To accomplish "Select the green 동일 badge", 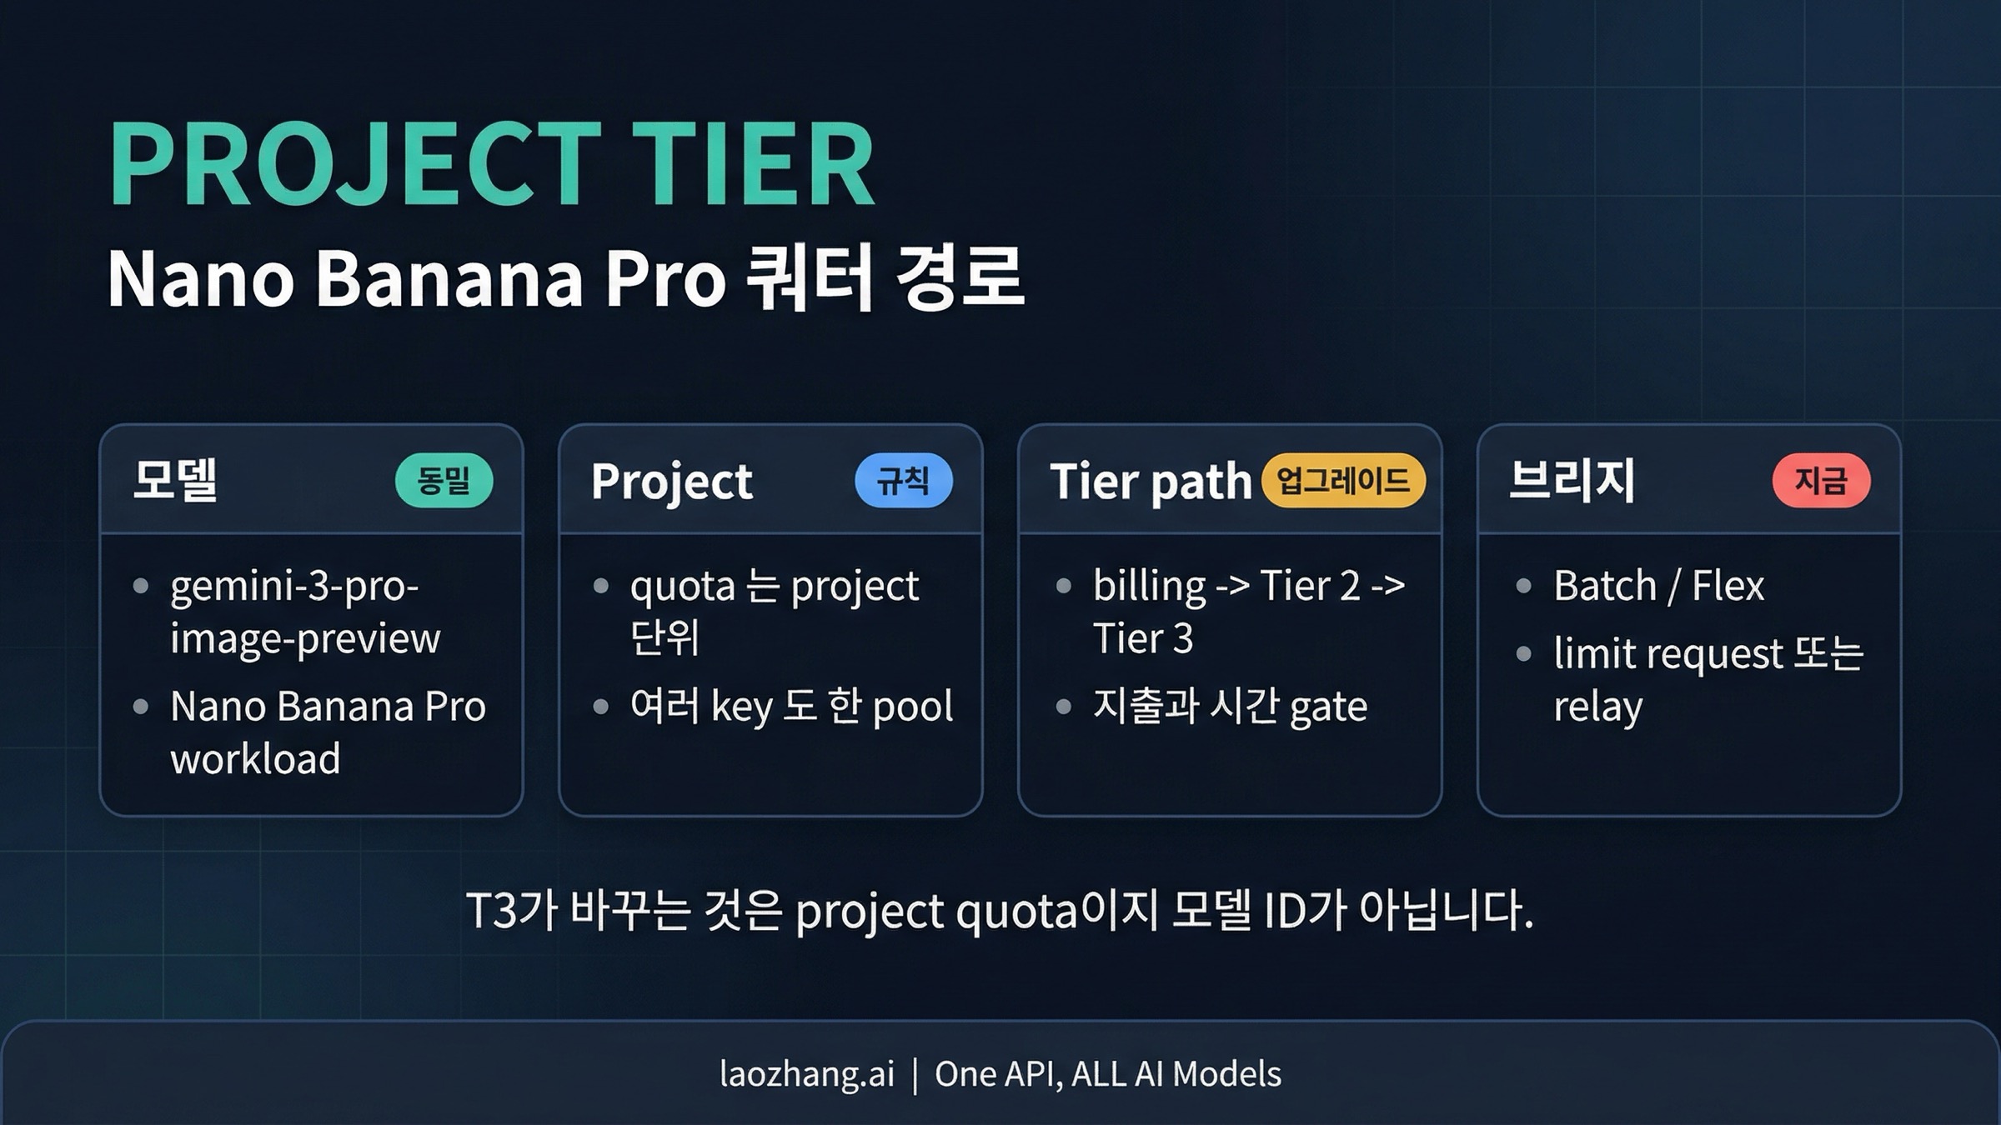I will pyautogui.click(x=444, y=481).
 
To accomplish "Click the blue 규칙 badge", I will pyautogui.click(x=904, y=481).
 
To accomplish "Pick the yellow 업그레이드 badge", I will pyautogui.click(x=1343, y=481).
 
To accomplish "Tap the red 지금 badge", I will pyautogui.click(x=1821, y=481).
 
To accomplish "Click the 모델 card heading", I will pyautogui.click(x=175, y=481).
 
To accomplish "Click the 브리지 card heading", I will pyautogui.click(x=1572, y=481).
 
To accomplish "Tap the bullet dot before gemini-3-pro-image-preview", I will pyautogui.click(x=141, y=587).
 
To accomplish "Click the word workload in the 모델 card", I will pyautogui.click(x=255, y=759).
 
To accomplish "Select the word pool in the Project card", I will pyautogui.click(x=912, y=707).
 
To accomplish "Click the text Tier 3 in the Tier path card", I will pyautogui.click(x=1143, y=639).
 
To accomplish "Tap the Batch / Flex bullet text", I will pyautogui.click(x=1658, y=586).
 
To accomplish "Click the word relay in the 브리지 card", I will pyautogui.click(x=1597, y=707).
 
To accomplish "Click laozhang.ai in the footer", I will pyautogui.click(x=806, y=1074).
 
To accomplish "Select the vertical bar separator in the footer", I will pyautogui.click(x=915, y=1074).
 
